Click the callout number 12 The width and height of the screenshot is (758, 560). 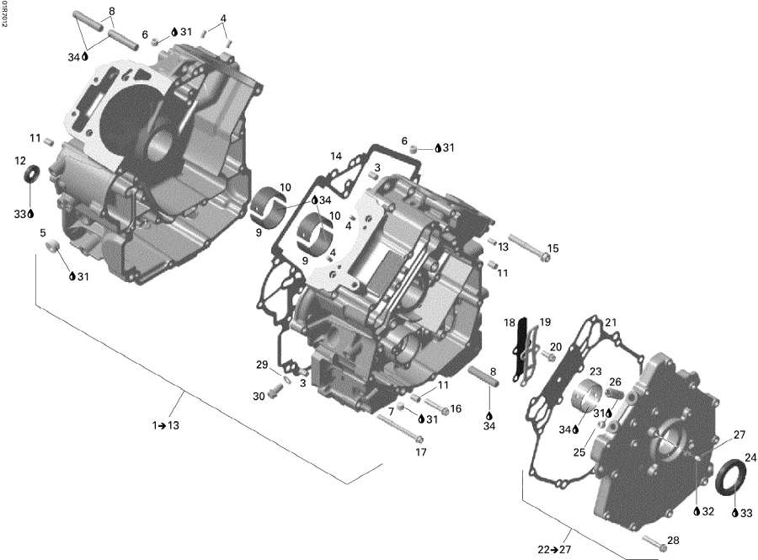click(20, 160)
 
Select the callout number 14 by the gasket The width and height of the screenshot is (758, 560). click(336, 157)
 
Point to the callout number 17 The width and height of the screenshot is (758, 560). click(421, 452)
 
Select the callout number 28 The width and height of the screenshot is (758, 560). click(672, 540)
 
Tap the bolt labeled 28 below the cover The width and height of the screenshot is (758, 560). click(654, 545)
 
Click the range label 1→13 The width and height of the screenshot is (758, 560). click(166, 426)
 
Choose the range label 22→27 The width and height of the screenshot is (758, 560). click(552, 549)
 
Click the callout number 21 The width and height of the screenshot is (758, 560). click(611, 323)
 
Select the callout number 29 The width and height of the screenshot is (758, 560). click(262, 365)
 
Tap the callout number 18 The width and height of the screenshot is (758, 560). click(510, 323)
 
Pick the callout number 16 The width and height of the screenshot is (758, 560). click(456, 408)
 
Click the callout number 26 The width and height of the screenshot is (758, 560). click(616, 381)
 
